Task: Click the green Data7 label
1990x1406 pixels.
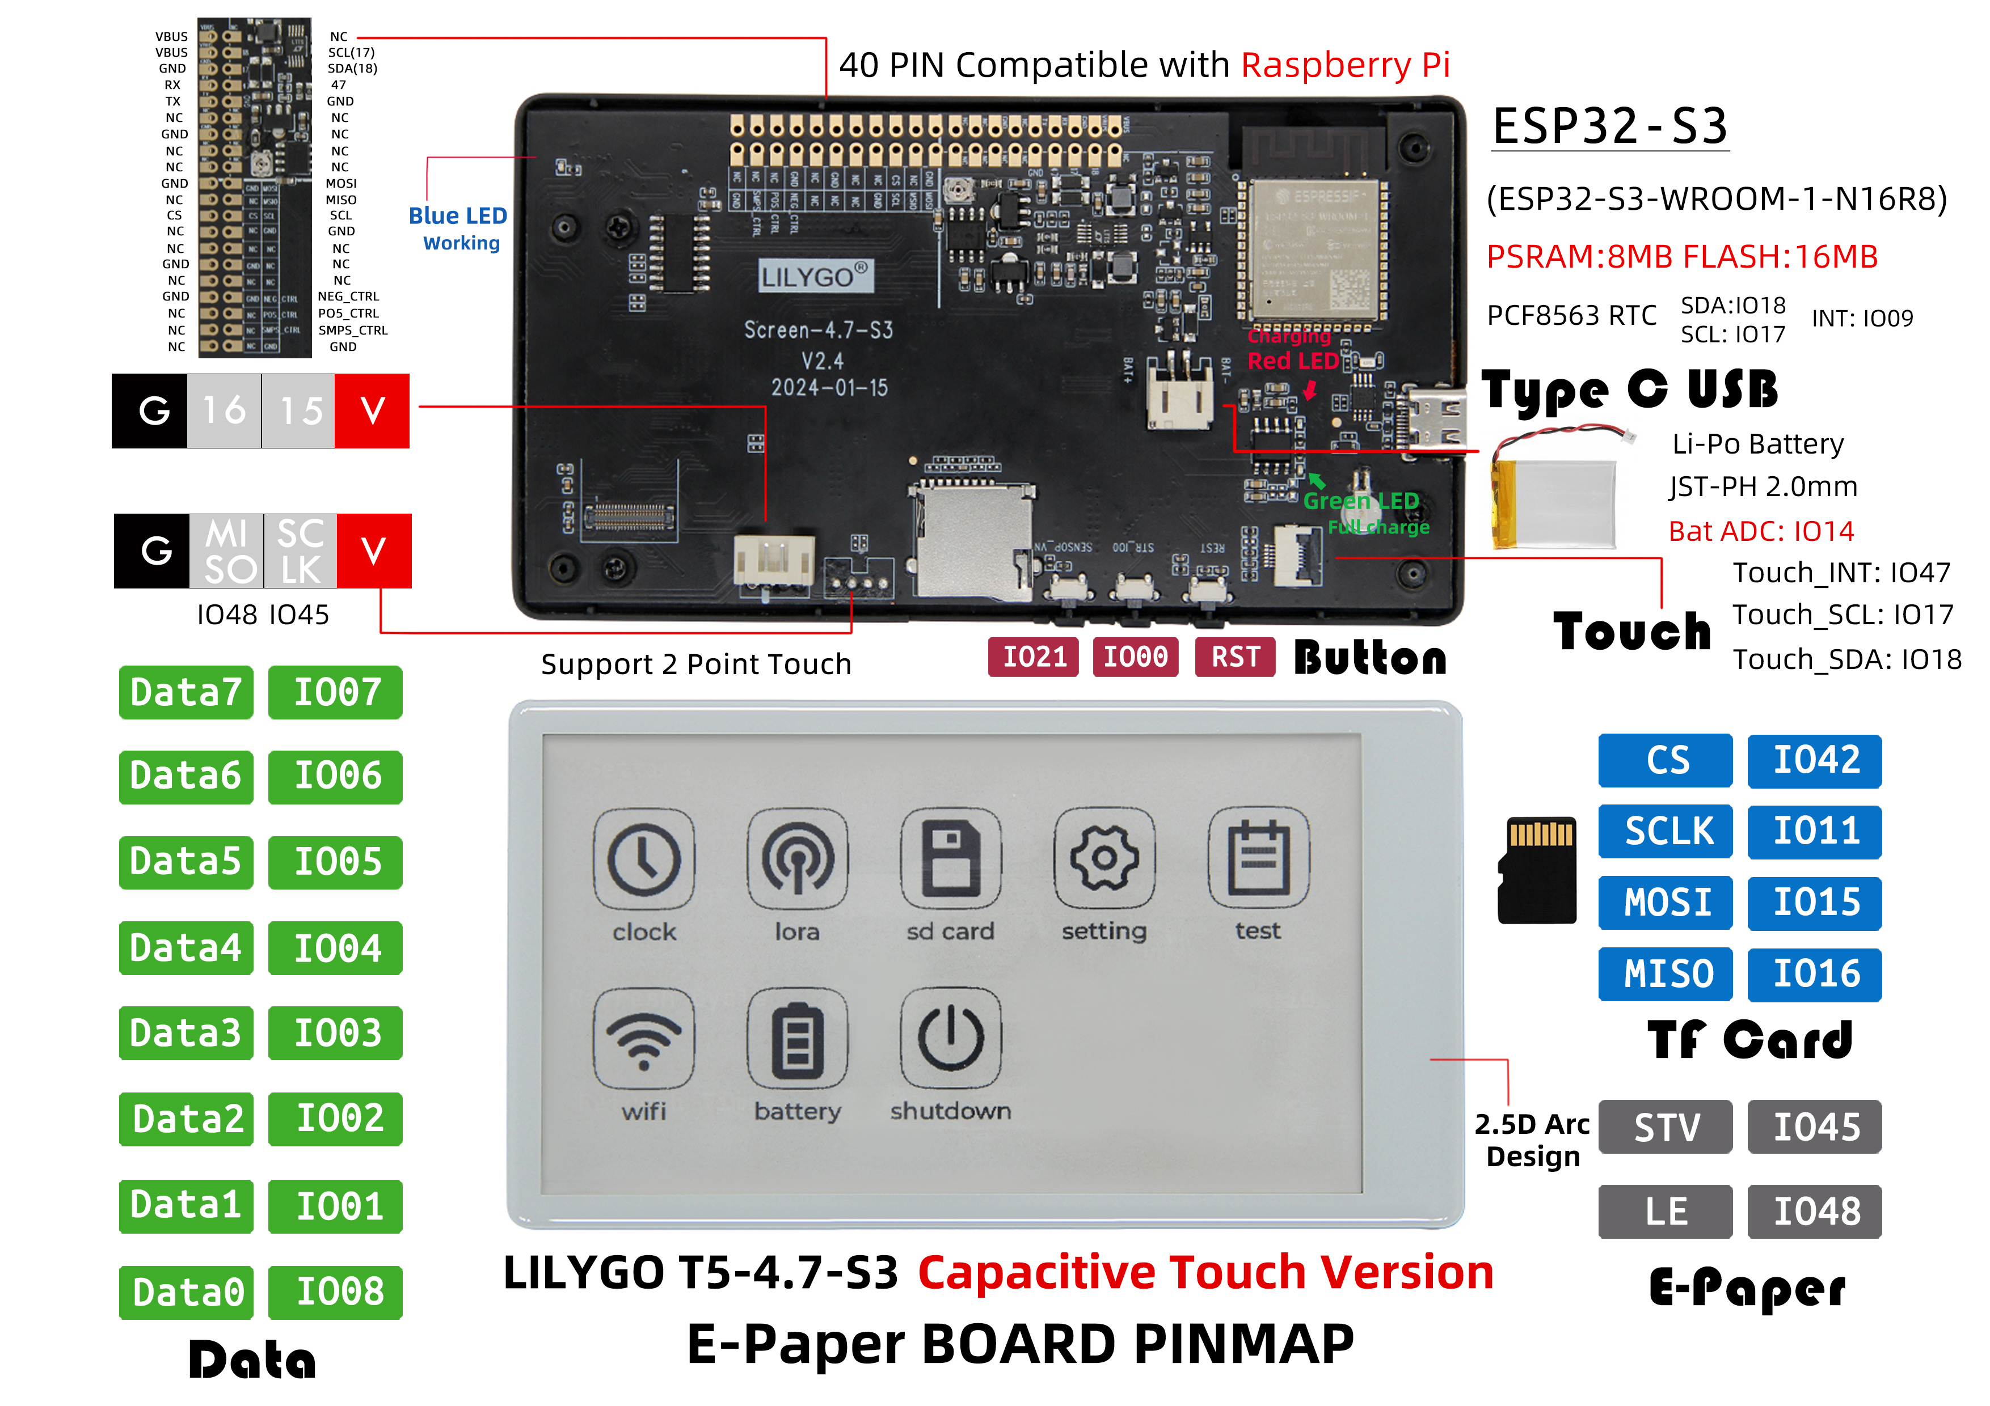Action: point(185,692)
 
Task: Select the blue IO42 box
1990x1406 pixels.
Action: point(1814,761)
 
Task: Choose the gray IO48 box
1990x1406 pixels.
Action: point(1814,1211)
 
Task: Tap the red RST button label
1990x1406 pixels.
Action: point(1234,657)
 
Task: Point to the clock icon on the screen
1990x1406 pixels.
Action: point(644,859)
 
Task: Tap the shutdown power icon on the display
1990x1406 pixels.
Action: point(951,1038)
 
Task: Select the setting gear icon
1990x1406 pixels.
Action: point(1104,858)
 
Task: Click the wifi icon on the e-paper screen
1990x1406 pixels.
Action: point(644,1038)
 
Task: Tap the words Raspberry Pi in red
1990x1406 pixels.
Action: point(1345,65)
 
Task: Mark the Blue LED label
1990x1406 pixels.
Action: point(458,215)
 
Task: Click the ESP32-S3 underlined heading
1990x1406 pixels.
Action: point(1609,126)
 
